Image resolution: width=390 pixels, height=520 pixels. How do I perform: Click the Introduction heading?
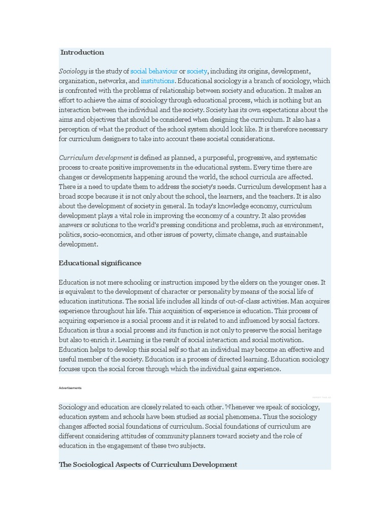point(82,52)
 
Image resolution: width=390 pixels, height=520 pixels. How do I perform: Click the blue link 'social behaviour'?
point(154,71)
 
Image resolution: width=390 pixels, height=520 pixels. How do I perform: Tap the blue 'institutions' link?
point(157,81)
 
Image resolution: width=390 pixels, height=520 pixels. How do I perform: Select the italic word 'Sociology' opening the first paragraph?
point(73,71)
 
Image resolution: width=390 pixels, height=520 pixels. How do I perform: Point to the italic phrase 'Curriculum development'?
point(95,158)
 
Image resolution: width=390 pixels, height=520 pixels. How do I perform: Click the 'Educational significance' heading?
point(100,263)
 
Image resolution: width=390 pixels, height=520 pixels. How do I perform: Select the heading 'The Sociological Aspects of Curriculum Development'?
point(148,465)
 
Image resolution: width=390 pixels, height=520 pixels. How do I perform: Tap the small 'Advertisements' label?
point(70,388)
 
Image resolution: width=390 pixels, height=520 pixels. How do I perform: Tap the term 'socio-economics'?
point(112,235)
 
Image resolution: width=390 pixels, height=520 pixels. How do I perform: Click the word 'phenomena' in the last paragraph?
point(247,417)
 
